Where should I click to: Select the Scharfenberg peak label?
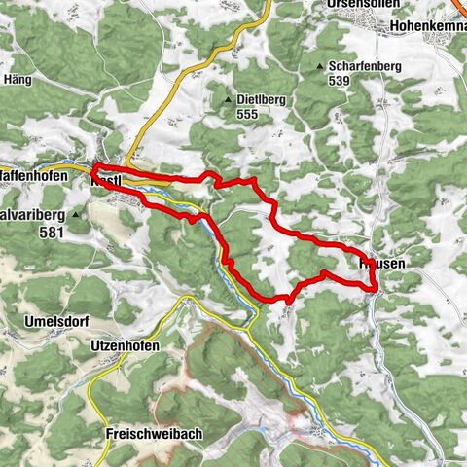coord(366,66)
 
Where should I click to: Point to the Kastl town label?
coord(106,181)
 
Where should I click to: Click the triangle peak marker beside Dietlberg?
coord(228,99)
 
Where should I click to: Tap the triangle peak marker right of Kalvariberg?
coord(75,213)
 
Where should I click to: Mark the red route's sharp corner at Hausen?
coord(376,287)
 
